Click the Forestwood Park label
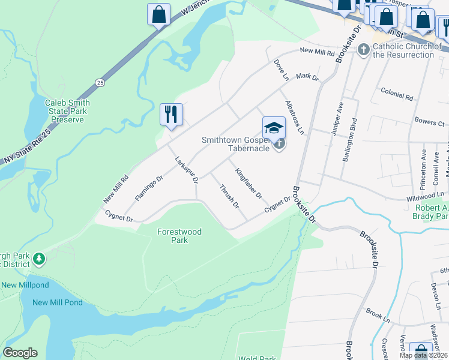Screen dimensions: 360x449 click(179, 236)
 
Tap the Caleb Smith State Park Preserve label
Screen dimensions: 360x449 click(66, 111)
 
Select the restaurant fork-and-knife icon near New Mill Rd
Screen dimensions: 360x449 click(171, 113)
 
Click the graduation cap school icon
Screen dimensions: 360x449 click(273, 127)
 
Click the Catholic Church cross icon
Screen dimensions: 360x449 click(363, 49)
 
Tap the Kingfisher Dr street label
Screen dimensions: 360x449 click(249, 184)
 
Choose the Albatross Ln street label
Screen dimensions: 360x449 click(295, 117)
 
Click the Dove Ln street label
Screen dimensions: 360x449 click(281, 70)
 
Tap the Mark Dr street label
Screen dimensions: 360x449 click(307, 77)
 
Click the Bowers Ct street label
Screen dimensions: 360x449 click(429, 122)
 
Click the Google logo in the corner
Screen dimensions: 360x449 click(20, 353)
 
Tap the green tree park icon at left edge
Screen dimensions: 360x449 click(39, 259)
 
